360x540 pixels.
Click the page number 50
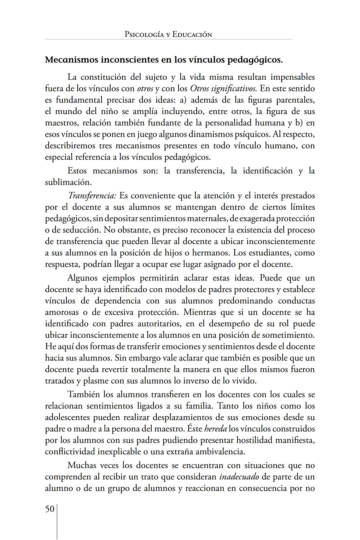(50, 509)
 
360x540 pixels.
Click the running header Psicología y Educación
(168, 34)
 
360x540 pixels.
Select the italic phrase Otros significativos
(223, 89)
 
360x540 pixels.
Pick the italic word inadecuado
(239, 477)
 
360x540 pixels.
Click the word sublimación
(68, 182)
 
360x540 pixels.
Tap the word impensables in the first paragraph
(292, 77)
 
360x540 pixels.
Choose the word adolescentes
(68, 417)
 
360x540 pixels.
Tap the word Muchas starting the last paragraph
(82, 465)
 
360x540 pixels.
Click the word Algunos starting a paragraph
(82, 278)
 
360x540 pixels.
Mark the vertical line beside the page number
(57, 522)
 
